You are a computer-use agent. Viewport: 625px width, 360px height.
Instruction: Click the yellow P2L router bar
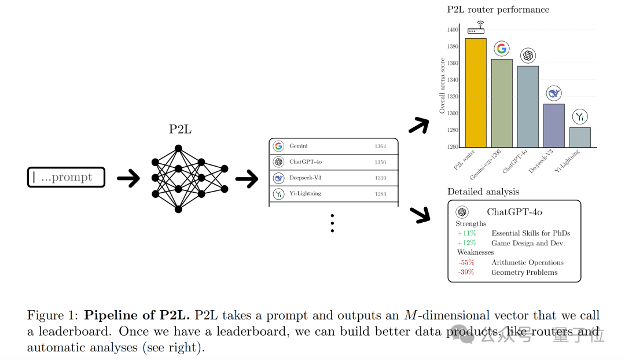pyautogui.click(x=476, y=93)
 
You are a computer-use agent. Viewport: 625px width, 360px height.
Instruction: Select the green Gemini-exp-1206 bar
pyautogui.click(x=502, y=103)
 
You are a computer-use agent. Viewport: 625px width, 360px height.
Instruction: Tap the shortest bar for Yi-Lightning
pyautogui.click(x=580, y=138)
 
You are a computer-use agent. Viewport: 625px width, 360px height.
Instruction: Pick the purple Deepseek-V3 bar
pyautogui.click(x=554, y=126)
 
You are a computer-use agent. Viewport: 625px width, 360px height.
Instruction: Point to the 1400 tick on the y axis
pyautogui.click(x=453, y=30)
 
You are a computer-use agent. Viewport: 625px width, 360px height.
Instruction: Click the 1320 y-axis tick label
pyautogui.click(x=453, y=97)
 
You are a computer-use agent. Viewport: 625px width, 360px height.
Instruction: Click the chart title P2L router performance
pyautogui.click(x=498, y=10)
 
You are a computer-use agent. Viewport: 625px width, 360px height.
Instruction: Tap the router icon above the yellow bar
pyautogui.click(x=476, y=28)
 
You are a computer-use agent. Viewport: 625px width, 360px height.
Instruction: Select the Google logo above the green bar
pyautogui.click(x=502, y=49)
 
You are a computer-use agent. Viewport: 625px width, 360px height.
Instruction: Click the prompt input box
pyautogui.click(x=66, y=177)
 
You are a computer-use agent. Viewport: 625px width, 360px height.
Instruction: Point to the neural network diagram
pyautogui.click(x=190, y=179)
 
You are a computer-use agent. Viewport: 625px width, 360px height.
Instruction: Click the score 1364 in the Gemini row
pyautogui.click(x=380, y=146)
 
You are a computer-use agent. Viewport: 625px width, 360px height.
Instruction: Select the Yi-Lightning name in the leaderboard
pyautogui.click(x=305, y=194)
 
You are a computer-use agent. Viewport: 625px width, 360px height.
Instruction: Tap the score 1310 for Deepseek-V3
pyautogui.click(x=380, y=178)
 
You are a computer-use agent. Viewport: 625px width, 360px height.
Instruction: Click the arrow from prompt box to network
pyautogui.click(x=128, y=178)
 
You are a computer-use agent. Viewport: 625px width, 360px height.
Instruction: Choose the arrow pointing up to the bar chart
pyautogui.click(x=419, y=126)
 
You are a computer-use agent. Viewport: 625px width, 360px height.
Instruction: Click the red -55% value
pyautogui.click(x=466, y=262)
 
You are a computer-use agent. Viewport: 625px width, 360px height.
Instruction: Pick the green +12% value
pyautogui.click(x=466, y=243)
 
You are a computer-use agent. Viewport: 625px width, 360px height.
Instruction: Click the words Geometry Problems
pyautogui.click(x=524, y=272)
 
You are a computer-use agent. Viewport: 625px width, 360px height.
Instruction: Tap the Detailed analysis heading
pyautogui.click(x=483, y=192)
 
